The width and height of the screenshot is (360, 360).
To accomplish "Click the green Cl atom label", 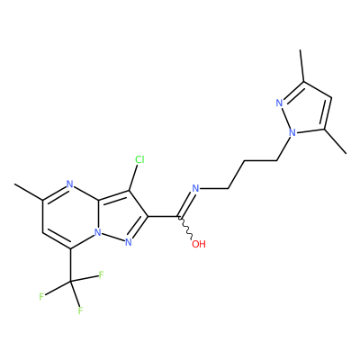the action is pyautogui.click(x=139, y=159).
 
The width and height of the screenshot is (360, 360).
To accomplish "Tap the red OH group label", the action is pyautogui.click(x=199, y=244).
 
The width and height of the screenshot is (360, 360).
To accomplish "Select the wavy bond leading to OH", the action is pyautogui.click(x=185, y=228).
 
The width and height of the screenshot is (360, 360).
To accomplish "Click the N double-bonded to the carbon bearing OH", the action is pyautogui.click(x=195, y=188).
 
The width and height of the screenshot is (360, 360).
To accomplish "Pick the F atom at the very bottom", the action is pyautogui.click(x=80, y=310).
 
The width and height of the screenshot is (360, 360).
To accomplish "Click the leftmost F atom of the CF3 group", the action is pyautogui.click(x=41, y=297).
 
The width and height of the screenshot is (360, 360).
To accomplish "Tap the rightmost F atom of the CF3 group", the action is pyautogui.click(x=101, y=274).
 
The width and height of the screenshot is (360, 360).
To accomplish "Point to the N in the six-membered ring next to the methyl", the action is pyautogui.click(x=70, y=184).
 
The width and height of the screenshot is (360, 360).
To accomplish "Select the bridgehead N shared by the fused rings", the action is pyautogui.click(x=97, y=232).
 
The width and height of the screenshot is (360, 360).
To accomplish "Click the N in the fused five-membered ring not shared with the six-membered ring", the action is pyautogui.click(x=129, y=242).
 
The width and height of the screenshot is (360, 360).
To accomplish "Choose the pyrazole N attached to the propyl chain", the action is pyautogui.click(x=292, y=132).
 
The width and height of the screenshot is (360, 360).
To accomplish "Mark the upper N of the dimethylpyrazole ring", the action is pyautogui.click(x=280, y=103).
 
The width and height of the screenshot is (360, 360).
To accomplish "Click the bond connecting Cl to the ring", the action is pyautogui.click(x=133, y=177).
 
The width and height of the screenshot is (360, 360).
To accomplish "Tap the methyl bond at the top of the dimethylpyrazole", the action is pyautogui.click(x=302, y=66).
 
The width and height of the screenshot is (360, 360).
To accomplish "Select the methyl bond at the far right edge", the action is pyautogui.click(x=335, y=141).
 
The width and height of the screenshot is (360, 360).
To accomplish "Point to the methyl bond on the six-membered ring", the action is pyautogui.click(x=29, y=192).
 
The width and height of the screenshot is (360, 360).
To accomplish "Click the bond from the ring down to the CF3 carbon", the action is pyautogui.click(x=71, y=265).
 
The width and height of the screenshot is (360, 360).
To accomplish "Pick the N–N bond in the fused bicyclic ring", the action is pyautogui.click(x=112, y=237).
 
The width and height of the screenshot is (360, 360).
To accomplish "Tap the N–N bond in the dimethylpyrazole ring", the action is pyautogui.click(x=286, y=118).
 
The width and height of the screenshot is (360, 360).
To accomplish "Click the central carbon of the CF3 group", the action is pyautogui.click(x=71, y=282).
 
